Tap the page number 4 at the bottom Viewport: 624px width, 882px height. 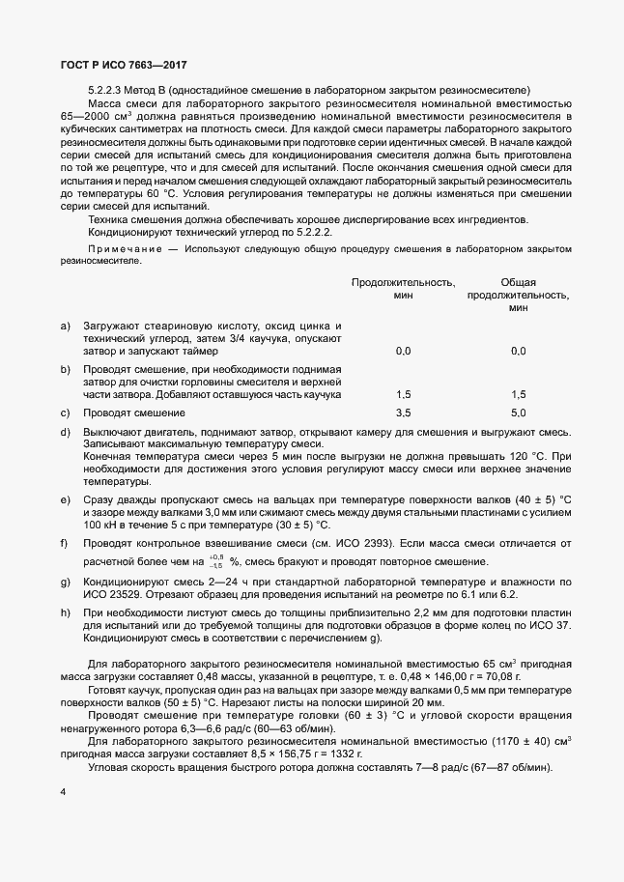[x=63, y=792]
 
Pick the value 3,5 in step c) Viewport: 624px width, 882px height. [x=404, y=413]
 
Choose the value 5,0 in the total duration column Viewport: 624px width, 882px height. [x=518, y=413]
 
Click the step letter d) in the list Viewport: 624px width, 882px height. [x=65, y=431]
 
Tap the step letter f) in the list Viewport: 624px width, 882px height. [x=65, y=543]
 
